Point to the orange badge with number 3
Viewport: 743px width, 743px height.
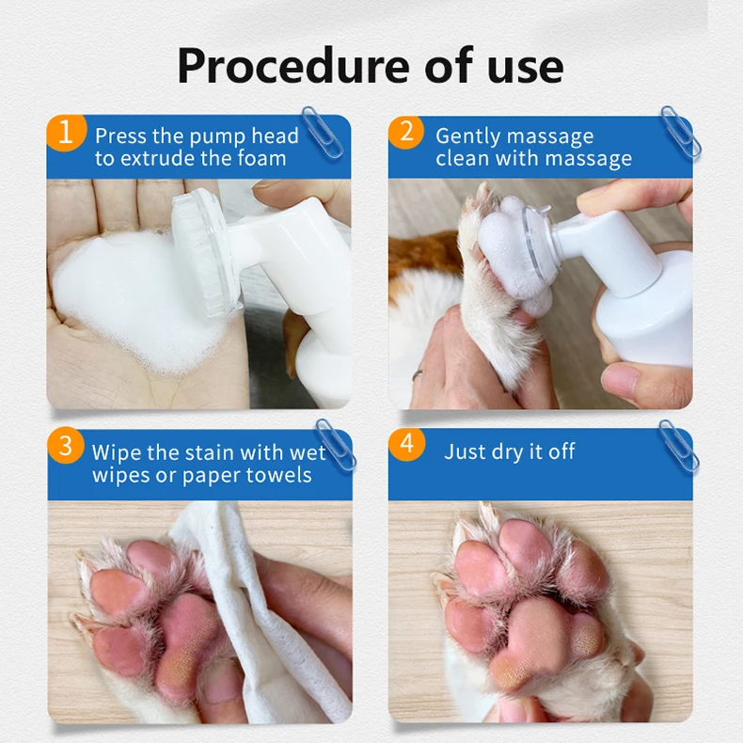pos(65,446)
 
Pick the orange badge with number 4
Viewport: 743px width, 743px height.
pos(406,445)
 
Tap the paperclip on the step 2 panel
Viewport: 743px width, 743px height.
pos(678,131)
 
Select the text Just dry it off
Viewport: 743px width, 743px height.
pos(509,451)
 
